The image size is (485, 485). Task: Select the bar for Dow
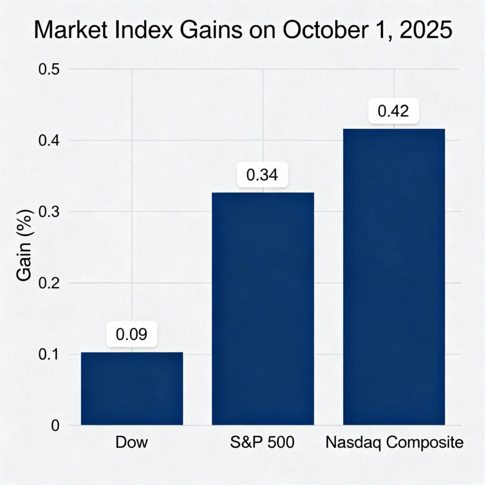click(132, 388)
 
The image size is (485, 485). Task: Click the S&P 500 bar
click(262, 308)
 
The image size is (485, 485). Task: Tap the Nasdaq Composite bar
click(394, 277)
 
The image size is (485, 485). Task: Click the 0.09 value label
click(132, 334)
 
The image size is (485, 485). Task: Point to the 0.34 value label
click(262, 175)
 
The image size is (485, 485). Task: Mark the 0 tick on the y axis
click(55, 425)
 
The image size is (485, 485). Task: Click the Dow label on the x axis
click(132, 443)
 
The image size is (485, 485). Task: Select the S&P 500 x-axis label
click(262, 443)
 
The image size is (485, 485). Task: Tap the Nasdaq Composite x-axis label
click(394, 443)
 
